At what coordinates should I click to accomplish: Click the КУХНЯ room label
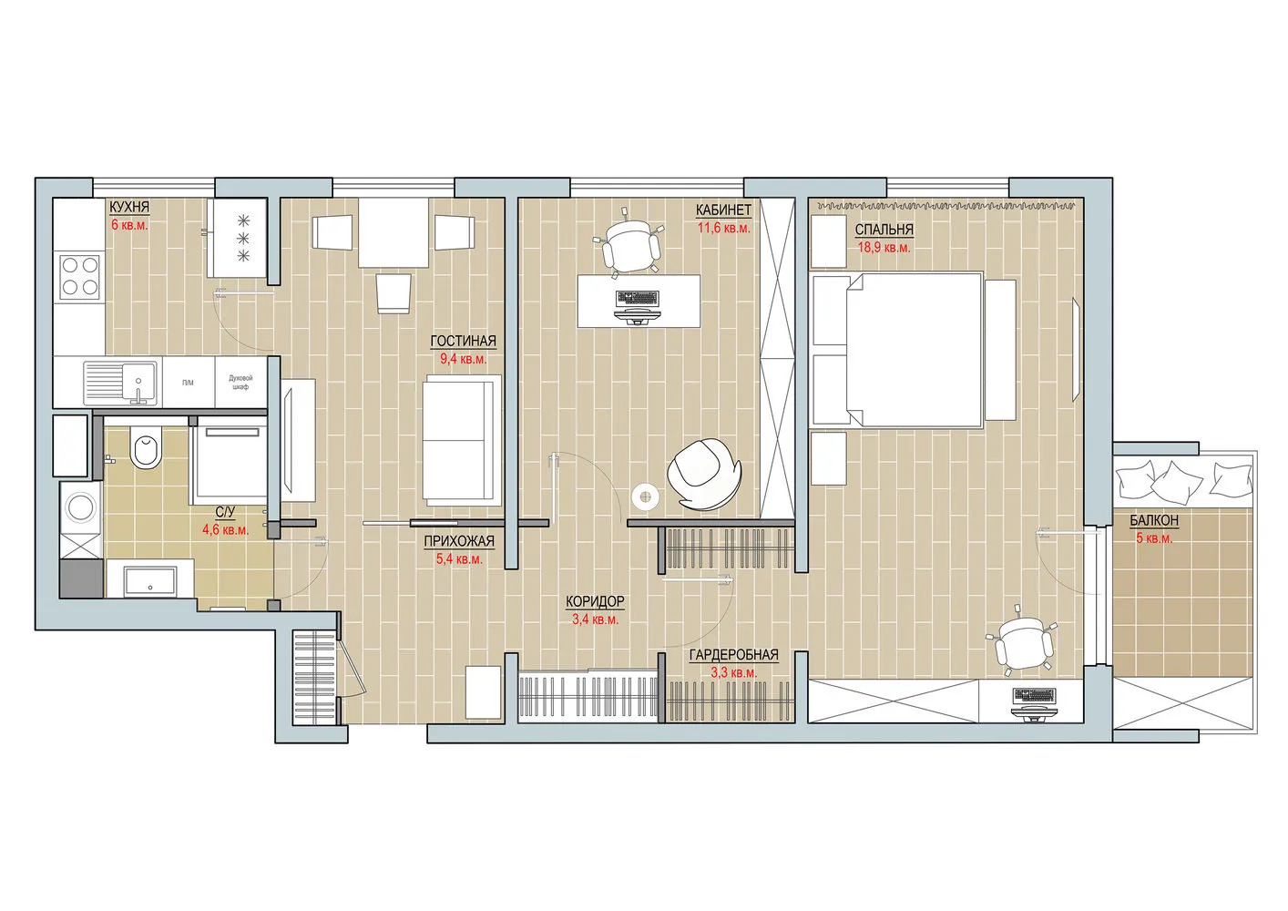(129, 207)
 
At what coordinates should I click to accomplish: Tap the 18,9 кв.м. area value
(884, 247)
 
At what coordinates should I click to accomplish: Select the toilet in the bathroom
(145, 448)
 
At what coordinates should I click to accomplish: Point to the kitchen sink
(120, 382)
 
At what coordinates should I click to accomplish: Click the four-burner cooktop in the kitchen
(79, 276)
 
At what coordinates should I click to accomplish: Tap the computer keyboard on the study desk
(638, 298)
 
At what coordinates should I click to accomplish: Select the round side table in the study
(646, 496)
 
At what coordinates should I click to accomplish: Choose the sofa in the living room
(461, 441)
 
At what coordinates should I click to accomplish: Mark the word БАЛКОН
(1154, 520)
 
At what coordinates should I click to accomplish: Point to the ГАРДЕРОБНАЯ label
(733, 655)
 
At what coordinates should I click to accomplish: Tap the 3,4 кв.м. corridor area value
(595, 619)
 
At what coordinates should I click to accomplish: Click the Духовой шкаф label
(240, 382)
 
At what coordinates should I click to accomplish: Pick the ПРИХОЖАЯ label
(459, 541)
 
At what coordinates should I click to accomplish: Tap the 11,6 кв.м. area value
(724, 228)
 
